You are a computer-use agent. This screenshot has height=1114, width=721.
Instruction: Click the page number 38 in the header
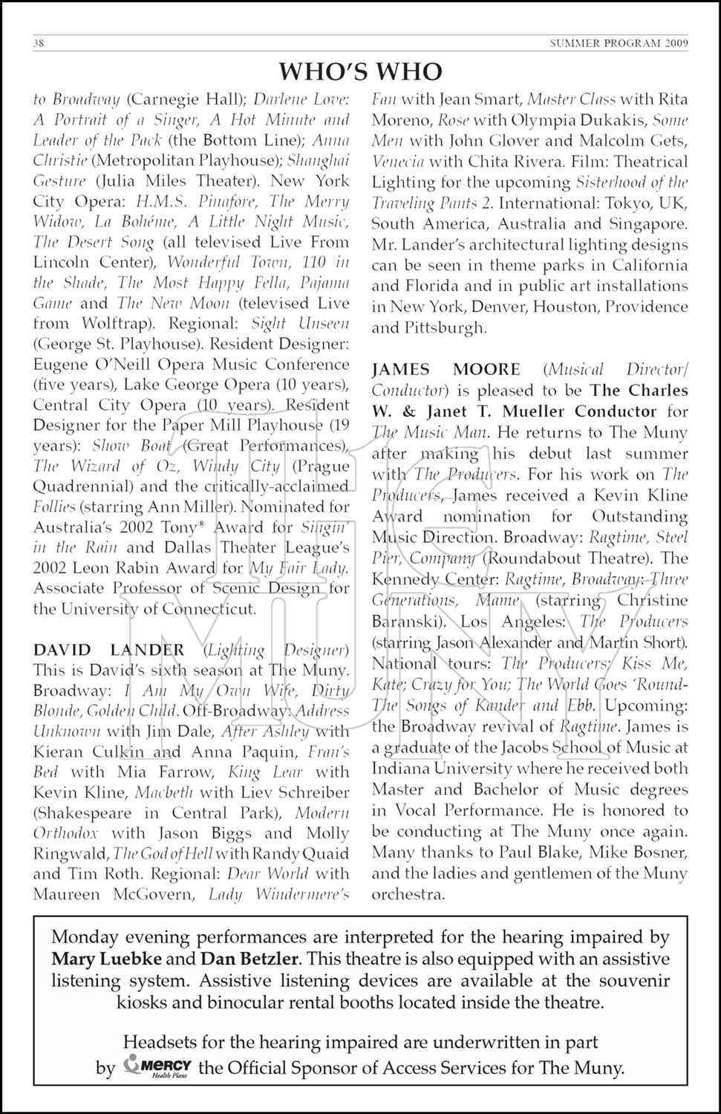click(39, 44)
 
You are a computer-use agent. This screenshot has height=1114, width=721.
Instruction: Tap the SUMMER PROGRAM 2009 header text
click(619, 44)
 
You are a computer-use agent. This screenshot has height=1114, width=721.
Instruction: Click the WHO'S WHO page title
click(360, 71)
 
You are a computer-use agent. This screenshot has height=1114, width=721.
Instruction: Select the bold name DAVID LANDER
click(109, 650)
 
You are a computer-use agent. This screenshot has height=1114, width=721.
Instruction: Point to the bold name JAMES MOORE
click(446, 370)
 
